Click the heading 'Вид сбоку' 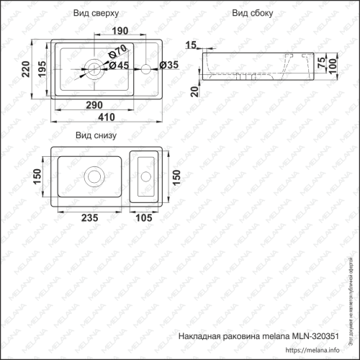(x=249, y=14)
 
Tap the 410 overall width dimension (x=107, y=120)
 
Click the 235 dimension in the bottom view (x=90, y=218)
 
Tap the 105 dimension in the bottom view (x=145, y=218)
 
